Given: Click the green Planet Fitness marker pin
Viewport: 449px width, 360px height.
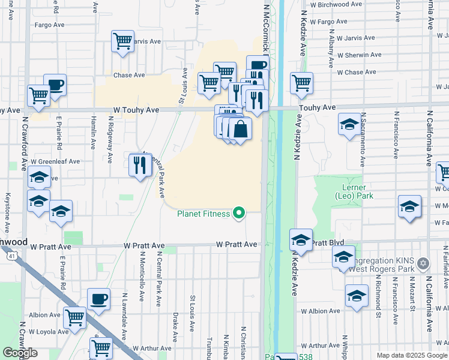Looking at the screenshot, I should pyautogui.click(x=239, y=213).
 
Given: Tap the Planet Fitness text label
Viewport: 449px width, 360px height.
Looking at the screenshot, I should pyautogui.click(x=203, y=214).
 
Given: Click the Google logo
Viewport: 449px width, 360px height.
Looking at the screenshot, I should pyautogui.click(x=20, y=353).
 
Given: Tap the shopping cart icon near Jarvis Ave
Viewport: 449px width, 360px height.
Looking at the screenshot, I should pyautogui.click(x=122, y=41).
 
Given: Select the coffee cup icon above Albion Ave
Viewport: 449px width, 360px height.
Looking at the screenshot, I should pyautogui.click(x=98, y=299).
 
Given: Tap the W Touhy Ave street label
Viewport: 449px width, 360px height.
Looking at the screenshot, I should pyautogui.click(x=136, y=110).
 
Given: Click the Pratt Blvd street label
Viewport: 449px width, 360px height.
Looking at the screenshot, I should pyautogui.click(x=328, y=243).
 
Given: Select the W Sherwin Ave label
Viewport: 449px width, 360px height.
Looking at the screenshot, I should pyautogui.click(x=359, y=55).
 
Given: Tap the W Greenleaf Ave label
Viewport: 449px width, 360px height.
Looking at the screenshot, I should pyautogui.click(x=55, y=161).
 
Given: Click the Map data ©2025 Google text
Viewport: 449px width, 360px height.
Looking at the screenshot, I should pyautogui.click(x=412, y=355).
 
